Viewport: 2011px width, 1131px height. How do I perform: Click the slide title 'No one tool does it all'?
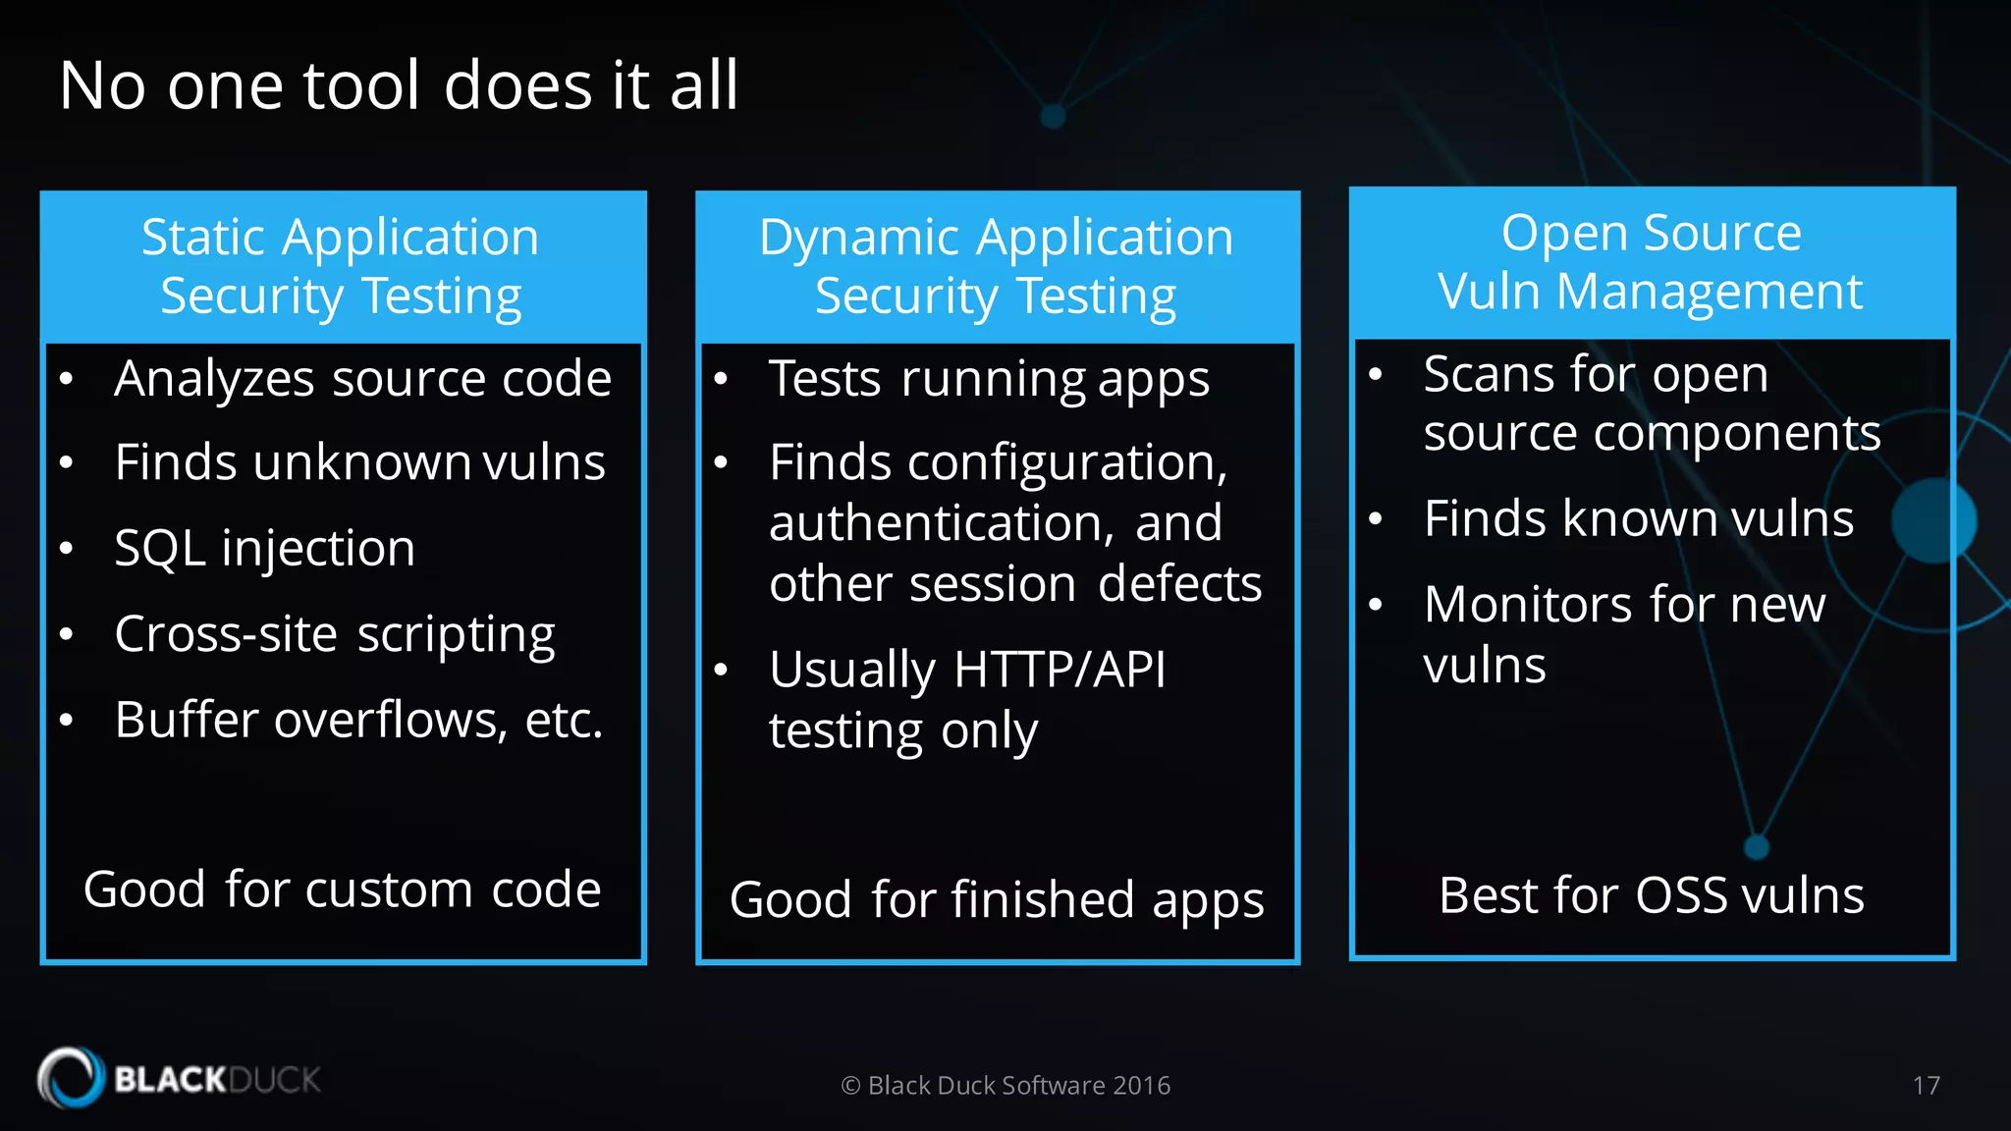click(398, 85)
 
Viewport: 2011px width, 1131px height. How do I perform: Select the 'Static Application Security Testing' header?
click(341, 266)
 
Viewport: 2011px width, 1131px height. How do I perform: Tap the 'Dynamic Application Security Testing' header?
click(996, 266)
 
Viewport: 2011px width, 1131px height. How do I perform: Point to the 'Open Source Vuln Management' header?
click(1651, 262)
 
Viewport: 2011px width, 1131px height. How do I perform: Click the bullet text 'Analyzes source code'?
click(362, 379)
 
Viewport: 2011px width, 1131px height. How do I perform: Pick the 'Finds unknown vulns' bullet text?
click(359, 462)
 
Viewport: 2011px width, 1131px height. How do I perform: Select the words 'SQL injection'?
click(264, 548)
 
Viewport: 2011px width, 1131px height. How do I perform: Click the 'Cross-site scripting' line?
click(334, 634)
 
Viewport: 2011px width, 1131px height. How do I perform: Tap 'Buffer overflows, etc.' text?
click(358, 720)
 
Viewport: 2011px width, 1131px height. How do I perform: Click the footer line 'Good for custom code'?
click(342, 889)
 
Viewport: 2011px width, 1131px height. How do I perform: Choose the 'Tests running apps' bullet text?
click(989, 379)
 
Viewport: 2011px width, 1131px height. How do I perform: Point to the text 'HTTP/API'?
click(1060, 671)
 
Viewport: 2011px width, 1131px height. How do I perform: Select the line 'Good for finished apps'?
click(997, 899)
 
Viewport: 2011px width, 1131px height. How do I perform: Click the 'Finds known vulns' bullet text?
click(1638, 518)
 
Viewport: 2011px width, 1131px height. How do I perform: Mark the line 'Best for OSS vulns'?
click(1651, 895)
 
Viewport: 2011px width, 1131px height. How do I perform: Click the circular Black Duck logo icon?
click(71, 1078)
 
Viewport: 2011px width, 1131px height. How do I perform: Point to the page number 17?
click(1926, 1085)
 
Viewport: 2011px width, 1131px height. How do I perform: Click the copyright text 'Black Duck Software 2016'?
click(1018, 1085)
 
